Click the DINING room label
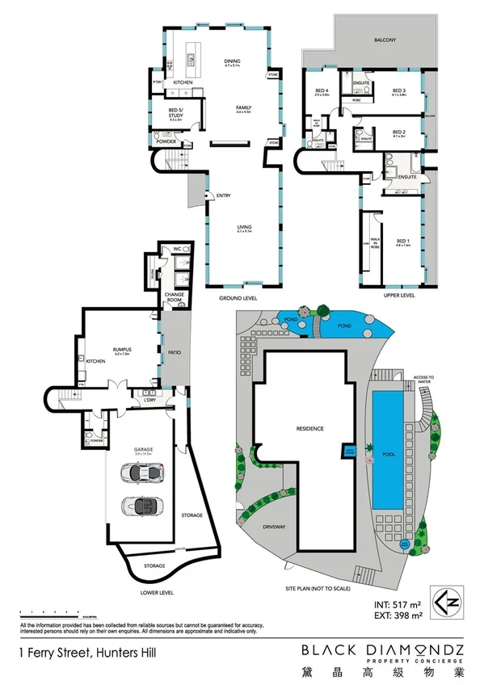pyautogui.click(x=232, y=60)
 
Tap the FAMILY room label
pyautogui.click(x=243, y=107)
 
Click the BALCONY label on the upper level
pyautogui.click(x=384, y=40)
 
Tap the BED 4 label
pyautogui.click(x=321, y=90)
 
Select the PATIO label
pyautogui.click(x=172, y=353)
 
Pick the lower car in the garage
pyautogui.click(x=142, y=506)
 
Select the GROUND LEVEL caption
pyautogui.click(x=238, y=296)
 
